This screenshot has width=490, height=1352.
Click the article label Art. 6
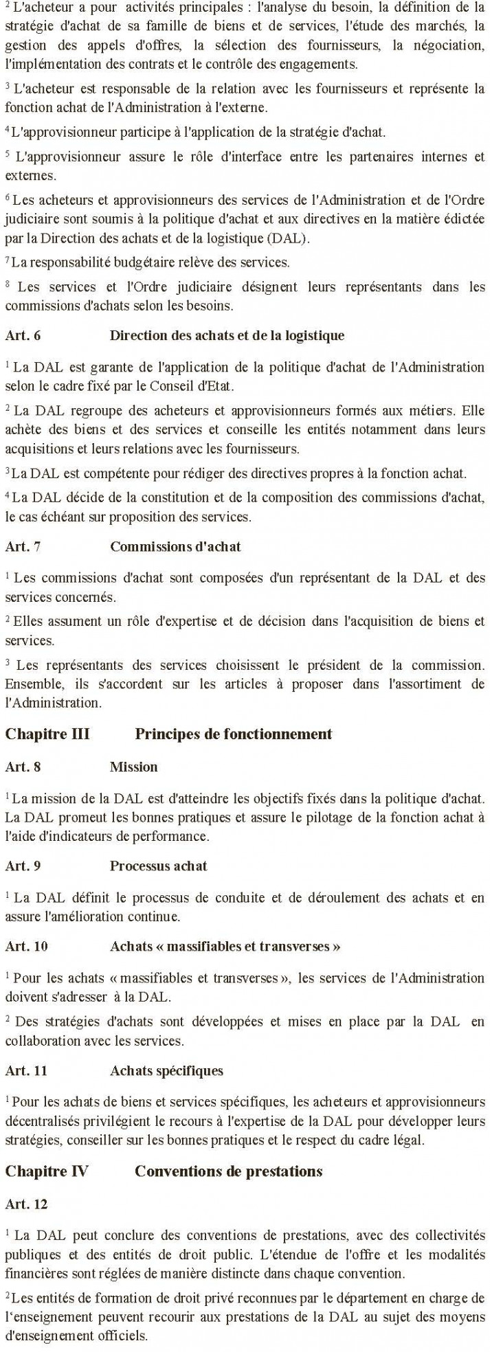pos(23,337)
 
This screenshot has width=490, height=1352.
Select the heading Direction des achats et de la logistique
pos(227,337)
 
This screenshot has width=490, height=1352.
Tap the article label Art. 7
pos(23,547)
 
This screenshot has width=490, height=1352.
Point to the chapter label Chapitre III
pos(47,734)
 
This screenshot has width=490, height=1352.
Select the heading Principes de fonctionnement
pos(233,734)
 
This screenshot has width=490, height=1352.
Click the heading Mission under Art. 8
pos(133,767)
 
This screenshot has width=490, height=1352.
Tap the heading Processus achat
pos(158,866)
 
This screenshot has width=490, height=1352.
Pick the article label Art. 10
pos(26,946)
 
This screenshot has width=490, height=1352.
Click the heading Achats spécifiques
pos(166,1070)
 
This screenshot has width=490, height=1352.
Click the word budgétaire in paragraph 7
pos(131,262)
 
